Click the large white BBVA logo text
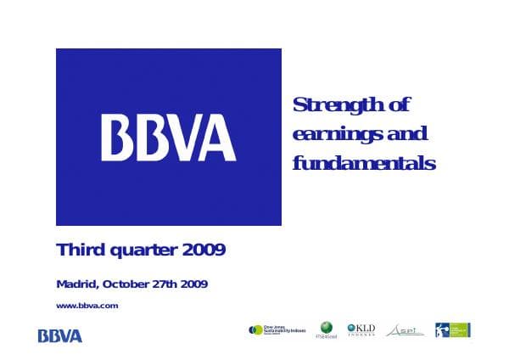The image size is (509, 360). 169,138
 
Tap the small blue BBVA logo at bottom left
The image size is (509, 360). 60,336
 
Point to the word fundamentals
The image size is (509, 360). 363,162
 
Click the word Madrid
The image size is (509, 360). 76,284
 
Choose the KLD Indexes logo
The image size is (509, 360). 361,329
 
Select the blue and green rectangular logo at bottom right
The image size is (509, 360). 453,329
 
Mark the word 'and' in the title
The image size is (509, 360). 406,135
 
